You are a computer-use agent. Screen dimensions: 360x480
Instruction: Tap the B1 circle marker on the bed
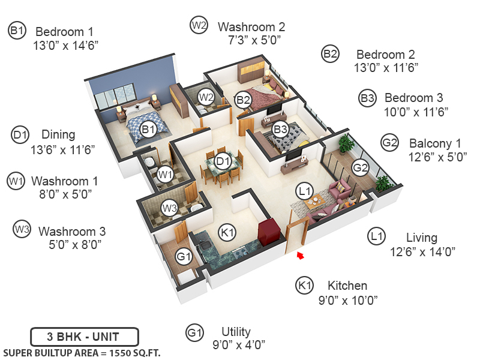[x=148, y=129]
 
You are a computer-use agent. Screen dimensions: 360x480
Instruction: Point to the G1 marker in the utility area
[x=184, y=257]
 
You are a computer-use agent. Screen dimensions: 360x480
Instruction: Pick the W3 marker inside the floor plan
[x=170, y=209]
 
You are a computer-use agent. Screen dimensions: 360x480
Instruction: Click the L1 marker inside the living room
[x=305, y=191]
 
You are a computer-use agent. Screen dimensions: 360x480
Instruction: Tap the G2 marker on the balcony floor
[x=359, y=167]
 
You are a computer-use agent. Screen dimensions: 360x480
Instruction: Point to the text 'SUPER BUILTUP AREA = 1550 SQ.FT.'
[x=82, y=352]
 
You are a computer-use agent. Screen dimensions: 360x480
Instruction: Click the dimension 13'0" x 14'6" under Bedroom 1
[x=66, y=45]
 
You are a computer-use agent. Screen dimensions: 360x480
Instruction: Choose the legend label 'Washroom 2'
[x=251, y=26]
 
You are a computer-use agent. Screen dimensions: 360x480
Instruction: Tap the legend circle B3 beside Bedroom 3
[x=368, y=98]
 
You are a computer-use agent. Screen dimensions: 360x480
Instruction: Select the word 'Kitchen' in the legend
[x=347, y=286]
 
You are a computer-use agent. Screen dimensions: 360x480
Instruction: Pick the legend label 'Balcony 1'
[x=435, y=143]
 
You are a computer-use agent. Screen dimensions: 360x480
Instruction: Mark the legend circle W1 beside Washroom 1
[x=16, y=180]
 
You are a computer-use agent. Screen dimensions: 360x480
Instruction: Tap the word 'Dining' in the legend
[x=58, y=134]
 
